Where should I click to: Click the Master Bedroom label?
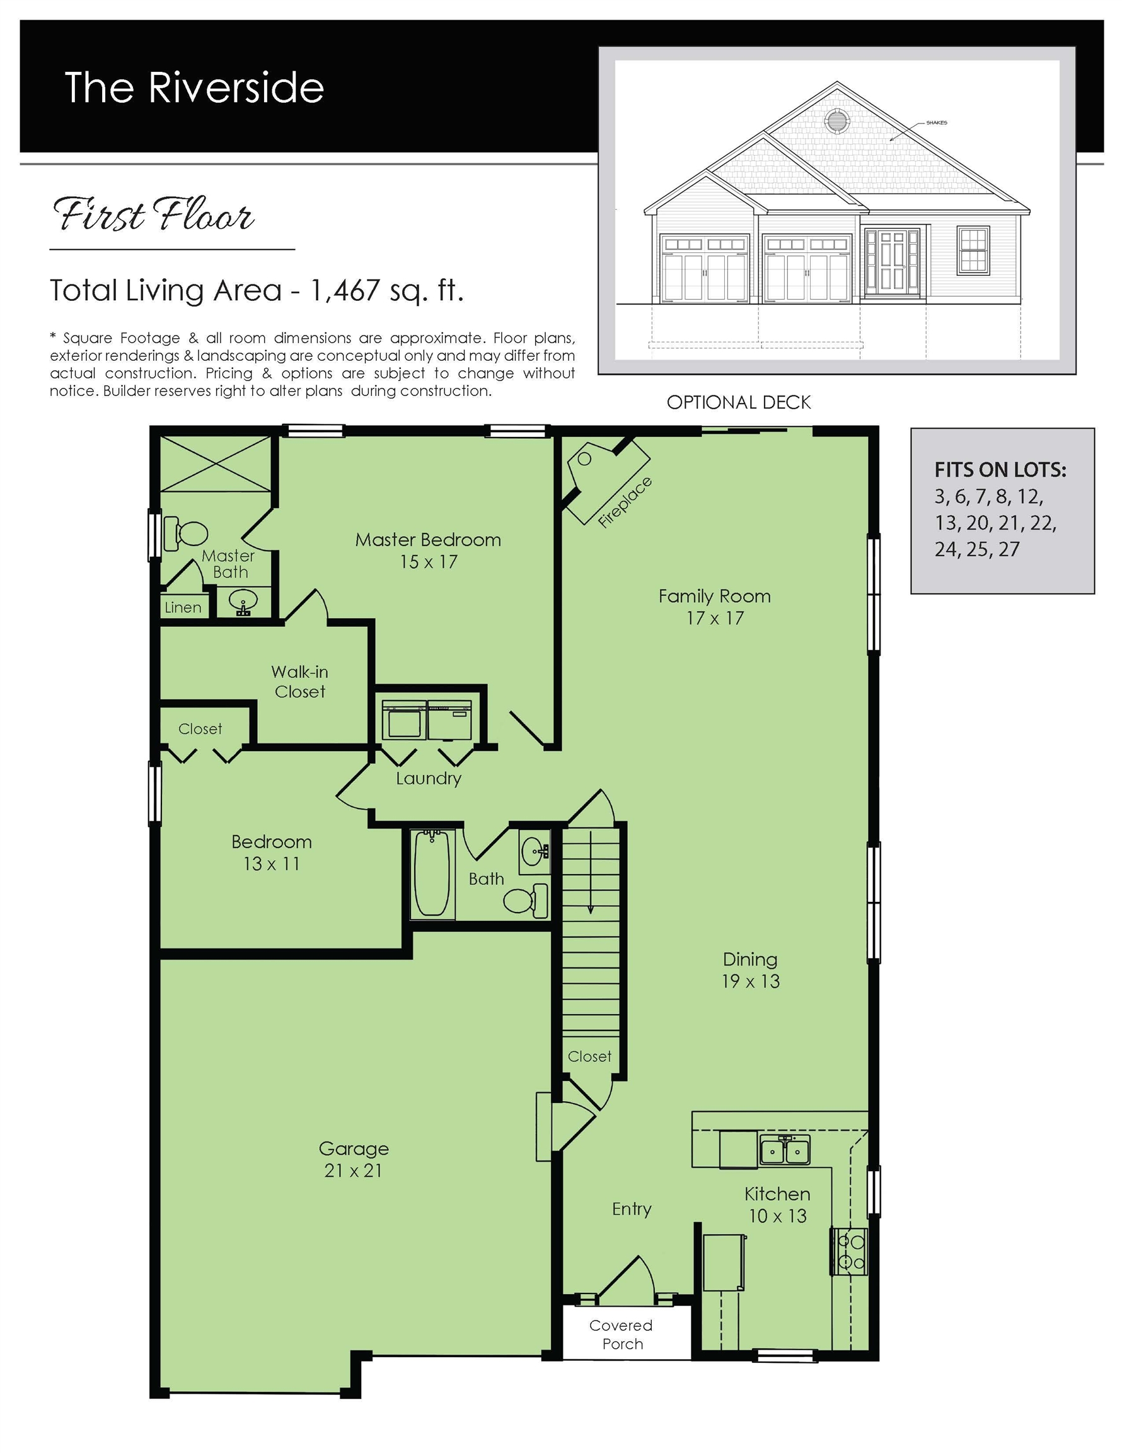coord(427,549)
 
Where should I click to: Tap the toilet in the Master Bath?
coord(186,534)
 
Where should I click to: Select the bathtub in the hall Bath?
coord(432,873)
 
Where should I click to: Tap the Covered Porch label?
coord(621,1334)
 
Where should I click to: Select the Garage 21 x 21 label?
coord(353,1159)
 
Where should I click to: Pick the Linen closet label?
coord(183,607)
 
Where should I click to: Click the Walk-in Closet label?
coord(300,681)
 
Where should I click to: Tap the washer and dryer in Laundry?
coord(427,720)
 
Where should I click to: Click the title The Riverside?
coord(194,87)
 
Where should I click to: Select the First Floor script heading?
coord(153,215)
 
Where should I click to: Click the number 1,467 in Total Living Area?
coord(345,290)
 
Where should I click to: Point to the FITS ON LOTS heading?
coord(1000,470)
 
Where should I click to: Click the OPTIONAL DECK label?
coord(738,402)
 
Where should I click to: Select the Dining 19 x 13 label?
coord(750,970)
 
